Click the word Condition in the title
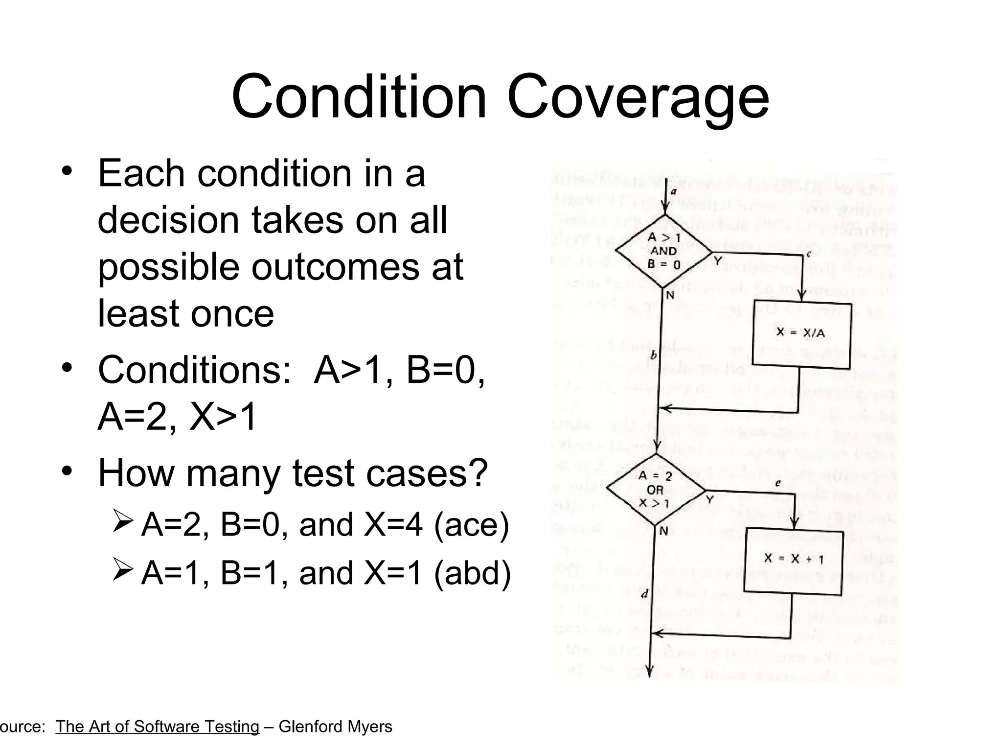point(360,96)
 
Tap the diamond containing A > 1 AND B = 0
point(663,251)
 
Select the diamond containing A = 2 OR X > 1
point(655,490)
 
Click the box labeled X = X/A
point(801,334)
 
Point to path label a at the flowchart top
point(673,192)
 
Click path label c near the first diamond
point(808,254)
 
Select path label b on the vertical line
point(653,356)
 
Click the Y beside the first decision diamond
point(718,261)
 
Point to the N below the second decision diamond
point(663,531)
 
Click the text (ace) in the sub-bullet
point(472,524)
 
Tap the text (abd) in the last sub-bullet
point(472,572)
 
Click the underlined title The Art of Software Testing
point(157,727)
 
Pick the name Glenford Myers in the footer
point(335,727)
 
